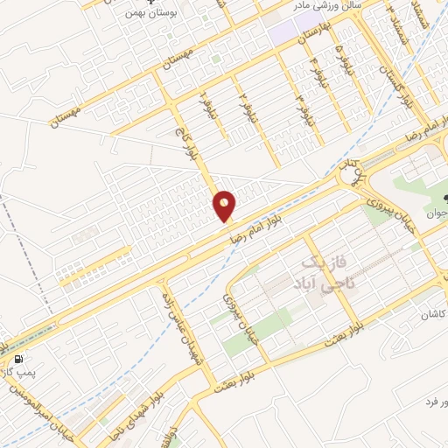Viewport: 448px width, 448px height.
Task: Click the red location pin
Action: click(225, 206)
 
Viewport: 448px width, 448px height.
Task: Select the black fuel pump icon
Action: click(17, 359)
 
